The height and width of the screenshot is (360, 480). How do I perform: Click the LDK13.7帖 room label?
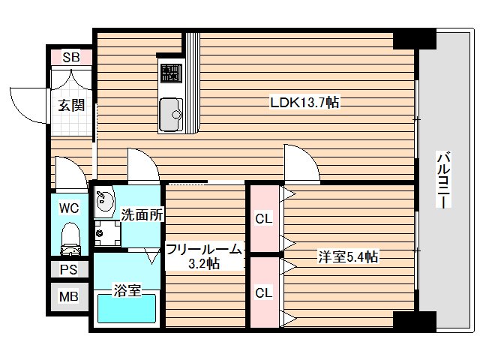[305, 103]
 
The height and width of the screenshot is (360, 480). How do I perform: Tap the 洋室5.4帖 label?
[347, 257]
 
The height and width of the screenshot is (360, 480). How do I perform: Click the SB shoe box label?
[70, 57]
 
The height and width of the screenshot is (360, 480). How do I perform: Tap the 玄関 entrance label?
[70, 105]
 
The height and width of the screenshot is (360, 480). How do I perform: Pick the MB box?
[70, 295]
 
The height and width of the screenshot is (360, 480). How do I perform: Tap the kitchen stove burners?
[169, 73]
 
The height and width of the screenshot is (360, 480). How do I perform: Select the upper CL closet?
[262, 220]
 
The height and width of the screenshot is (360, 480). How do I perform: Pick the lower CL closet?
[262, 292]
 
